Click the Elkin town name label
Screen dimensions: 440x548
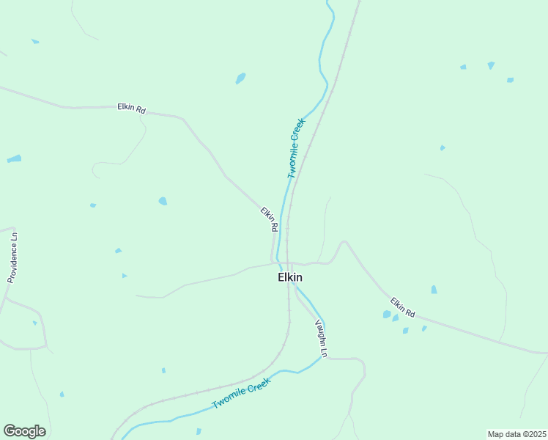click(x=290, y=277)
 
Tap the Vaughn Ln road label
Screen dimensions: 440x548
click(x=321, y=338)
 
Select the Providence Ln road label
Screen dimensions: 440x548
click(x=12, y=257)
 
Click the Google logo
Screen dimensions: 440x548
click(x=24, y=431)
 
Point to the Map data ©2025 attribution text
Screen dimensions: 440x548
click(x=516, y=433)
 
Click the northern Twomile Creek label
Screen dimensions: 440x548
click(x=296, y=148)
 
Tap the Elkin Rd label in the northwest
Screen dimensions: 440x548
click(x=132, y=109)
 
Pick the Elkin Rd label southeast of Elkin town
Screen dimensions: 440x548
click(x=403, y=307)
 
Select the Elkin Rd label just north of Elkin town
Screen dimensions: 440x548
click(x=269, y=219)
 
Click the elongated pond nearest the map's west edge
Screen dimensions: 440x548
click(x=14, y=158)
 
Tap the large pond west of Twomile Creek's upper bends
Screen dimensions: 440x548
click(x=240, y=78)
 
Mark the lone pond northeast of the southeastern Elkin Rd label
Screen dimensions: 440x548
click(x=434, y=290)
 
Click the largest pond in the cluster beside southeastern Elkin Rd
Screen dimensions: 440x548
click(x=387, y=315)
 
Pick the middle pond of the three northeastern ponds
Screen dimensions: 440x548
click(x=490, y=65)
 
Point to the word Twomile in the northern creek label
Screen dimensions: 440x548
click(x=293, y=160)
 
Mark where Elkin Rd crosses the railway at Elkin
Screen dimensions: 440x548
click(x=288, y=263)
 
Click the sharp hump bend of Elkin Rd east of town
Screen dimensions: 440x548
click(x=342, y=242)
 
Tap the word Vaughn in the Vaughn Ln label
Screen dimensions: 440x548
click(x=319, y=333)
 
